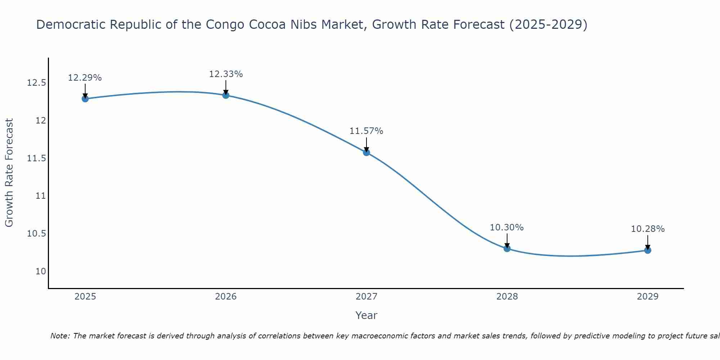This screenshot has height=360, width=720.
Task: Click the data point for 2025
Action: pyautogui.click(x=85, y=99)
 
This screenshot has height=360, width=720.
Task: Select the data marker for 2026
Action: pyautogui.click(x=226, y=95)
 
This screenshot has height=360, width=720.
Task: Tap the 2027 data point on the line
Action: pyautogui.click(x=366, y=152)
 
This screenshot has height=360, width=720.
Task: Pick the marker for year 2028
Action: pyautogui.click(x=507, y=248)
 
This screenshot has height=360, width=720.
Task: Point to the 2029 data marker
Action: pyautogui.click(x=648, y=250)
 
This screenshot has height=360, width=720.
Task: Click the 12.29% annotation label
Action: pyautogui.click(x=85, y=78)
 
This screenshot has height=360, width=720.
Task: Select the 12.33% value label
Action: pyautogui.click(x=226, y=74)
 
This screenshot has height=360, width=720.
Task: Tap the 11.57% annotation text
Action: pyautogui.click(x=366, y=131)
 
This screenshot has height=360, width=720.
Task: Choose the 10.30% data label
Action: pyautogui.click(x=507, y=228)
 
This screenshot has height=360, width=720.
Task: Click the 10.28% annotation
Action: pyautogui.click(x=648, y=229)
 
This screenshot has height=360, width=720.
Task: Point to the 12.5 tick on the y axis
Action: pyautogui.click(x=37, y=83)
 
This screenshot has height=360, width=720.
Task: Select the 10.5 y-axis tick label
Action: pyautogui.click(x=37, y=234)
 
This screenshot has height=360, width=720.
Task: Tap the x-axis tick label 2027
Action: pyautogui.click(x=366, y=297)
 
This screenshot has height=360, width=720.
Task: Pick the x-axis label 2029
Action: pyautogui.click(x=648, y=297)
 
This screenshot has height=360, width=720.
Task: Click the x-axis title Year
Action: pyautogui.click(x=366, y=315)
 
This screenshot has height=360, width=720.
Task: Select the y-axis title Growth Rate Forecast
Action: pyautogui.click(x=9, y=173)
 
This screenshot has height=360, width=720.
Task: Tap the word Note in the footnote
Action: pyautogui.click(x=60, y=336)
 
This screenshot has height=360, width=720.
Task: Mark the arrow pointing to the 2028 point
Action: pyautogui.click(x=507, y=240)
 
